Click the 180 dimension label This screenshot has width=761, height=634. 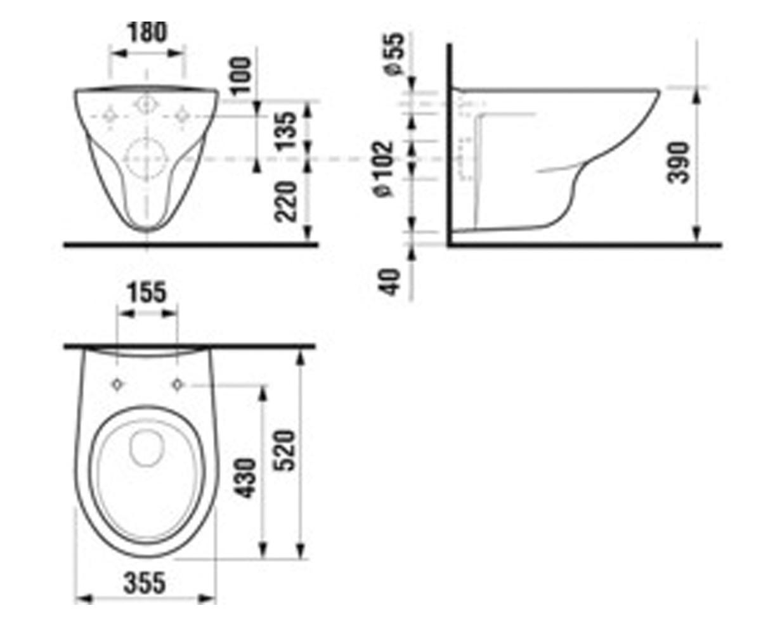147,32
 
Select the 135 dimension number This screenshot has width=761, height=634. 287,131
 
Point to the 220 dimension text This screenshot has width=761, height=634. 287,202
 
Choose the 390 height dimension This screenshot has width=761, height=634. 678,163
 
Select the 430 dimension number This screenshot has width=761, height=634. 244,478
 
